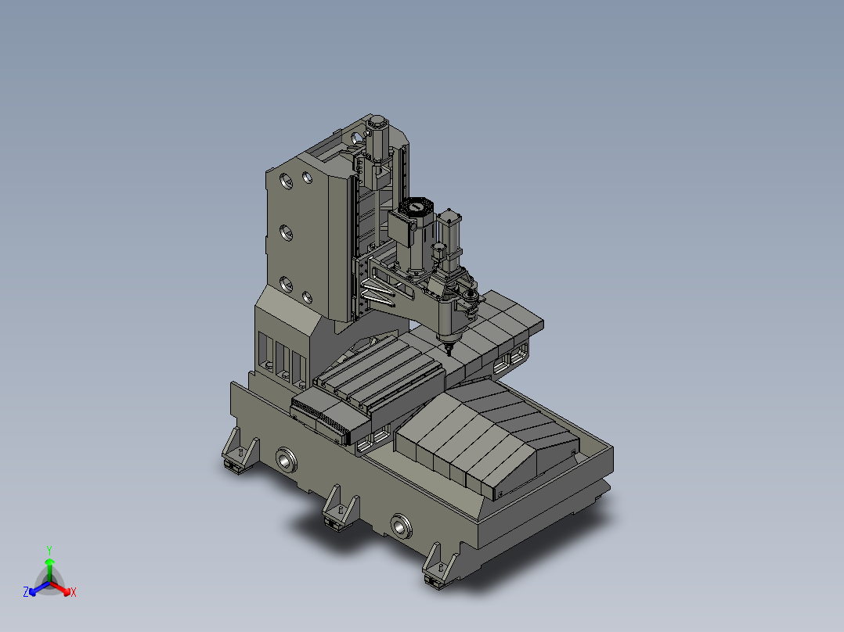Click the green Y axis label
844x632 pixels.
[49, 550]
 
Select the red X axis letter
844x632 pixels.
[73, 592]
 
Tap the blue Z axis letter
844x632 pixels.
[26, 592]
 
